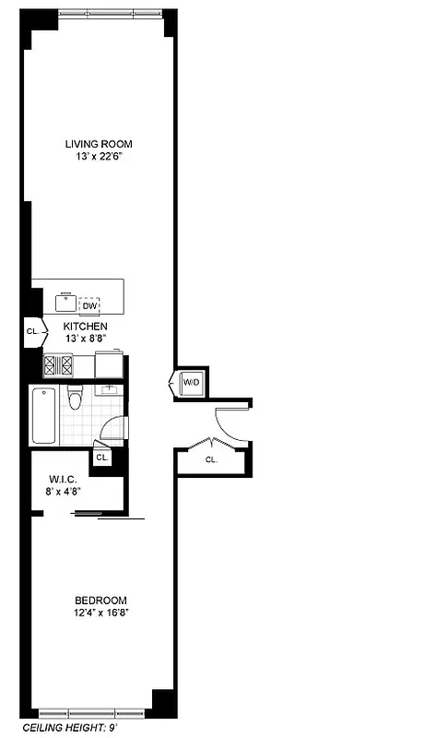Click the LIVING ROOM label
click(99, 143)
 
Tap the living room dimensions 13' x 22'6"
click(99, 156)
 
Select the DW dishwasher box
click(89, 306)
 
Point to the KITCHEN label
click(85, 327)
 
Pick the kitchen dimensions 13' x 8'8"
click(85, 339)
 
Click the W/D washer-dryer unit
click(191, 382)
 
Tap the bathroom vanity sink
click(109, 388)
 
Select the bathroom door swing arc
click(111, 430)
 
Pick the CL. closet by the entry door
click(211, 458)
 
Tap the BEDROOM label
click(100, 601)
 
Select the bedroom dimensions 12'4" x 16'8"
click(100, 613)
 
